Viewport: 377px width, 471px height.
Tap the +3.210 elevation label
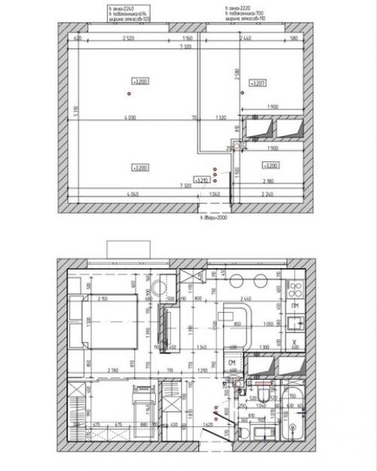coord(201,180)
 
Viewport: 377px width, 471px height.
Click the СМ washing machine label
coord(232,363)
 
